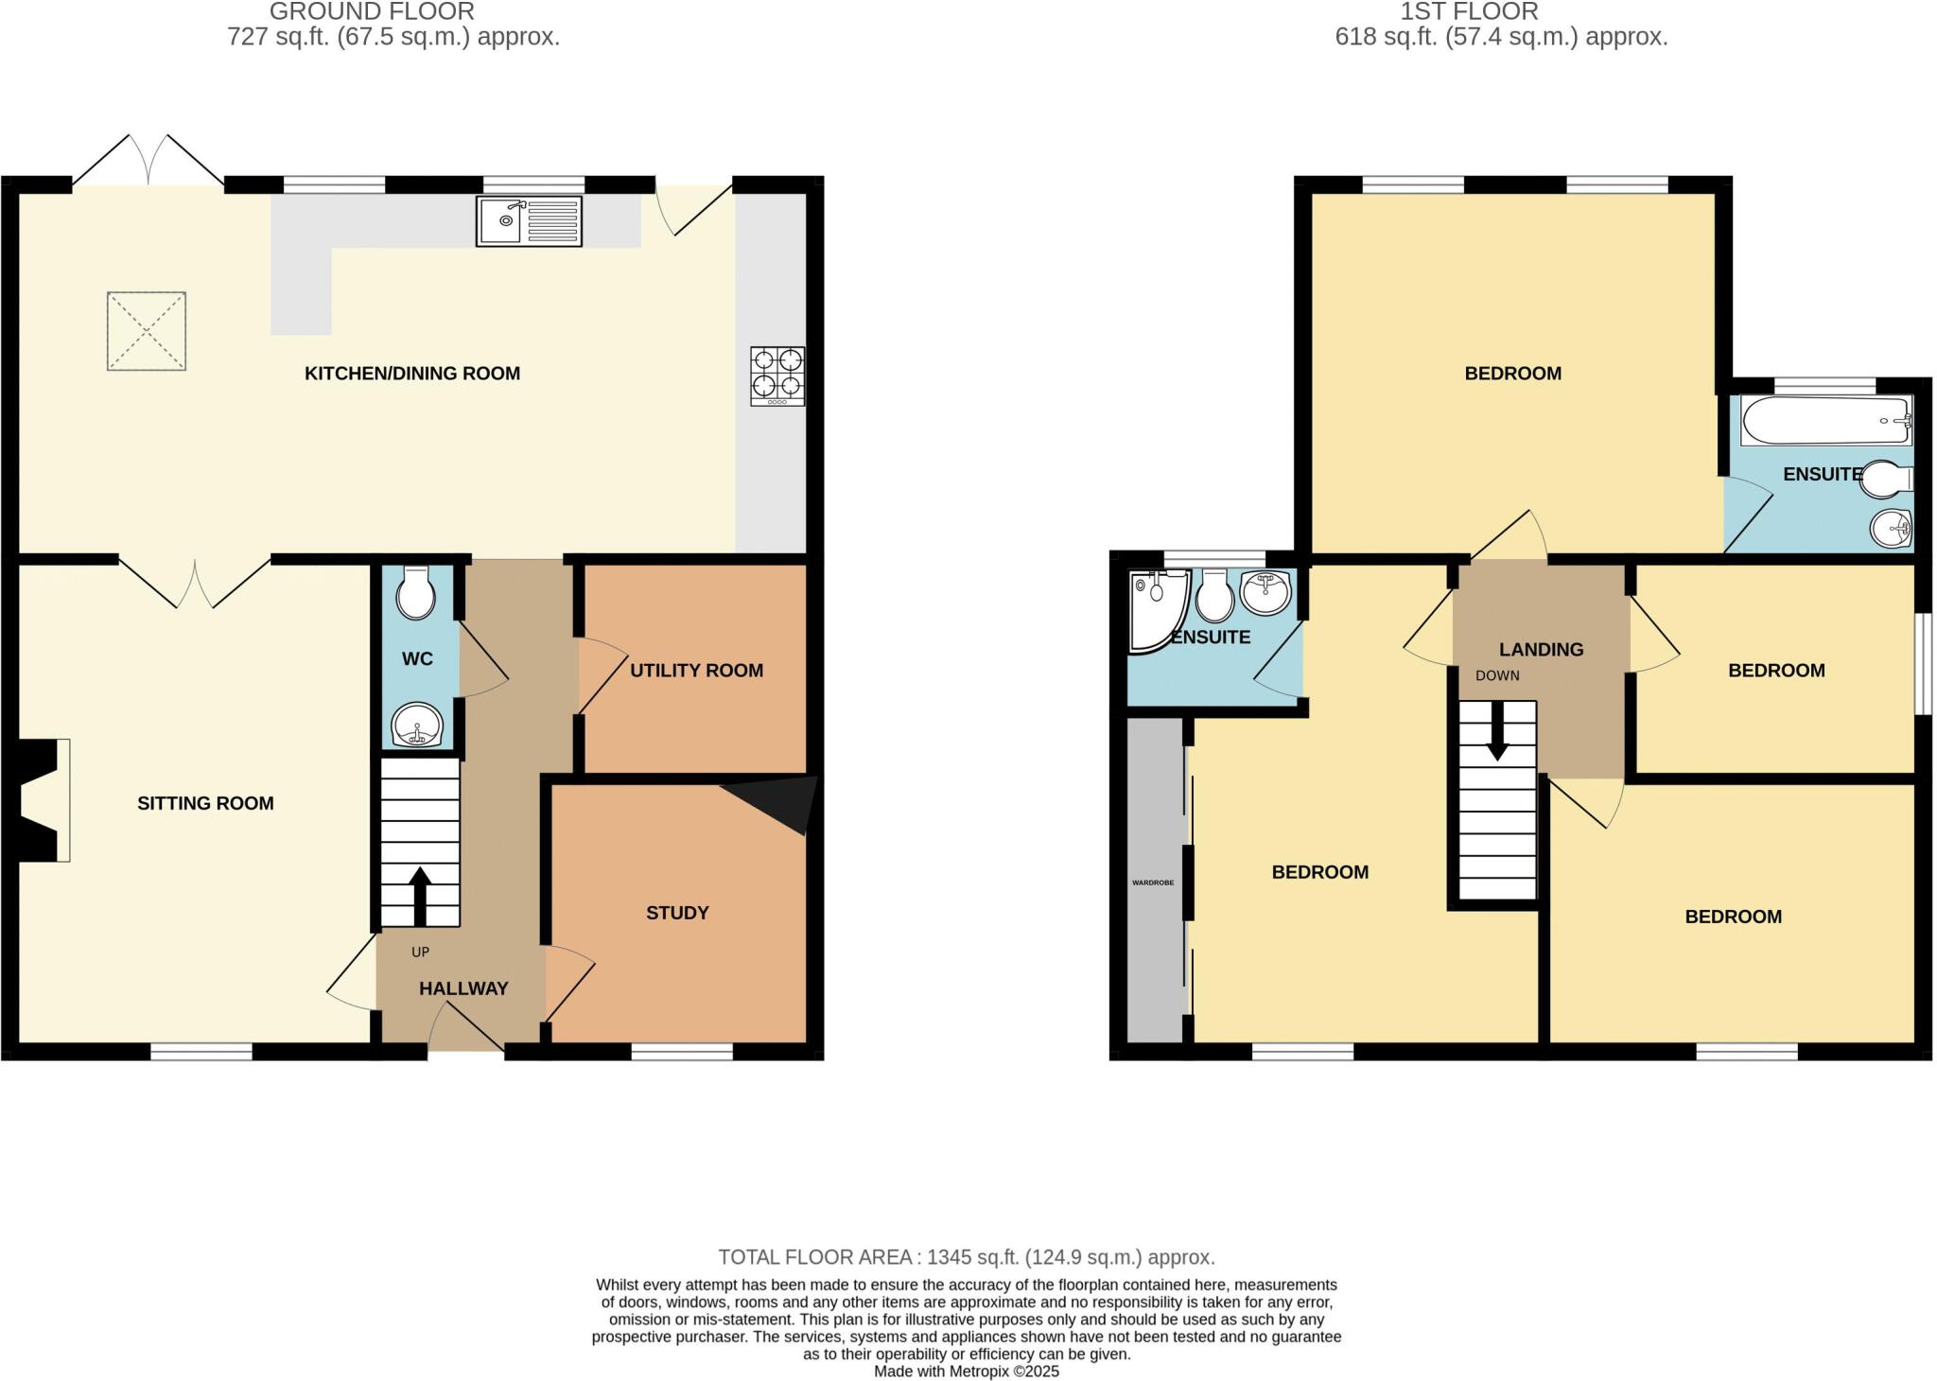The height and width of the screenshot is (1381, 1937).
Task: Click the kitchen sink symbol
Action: coord(529,220)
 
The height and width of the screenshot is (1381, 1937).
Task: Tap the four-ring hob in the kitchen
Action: coord(777,376)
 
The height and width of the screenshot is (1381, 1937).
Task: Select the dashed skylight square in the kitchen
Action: coord(146,331)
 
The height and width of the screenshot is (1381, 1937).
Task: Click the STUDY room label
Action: coord(677,913)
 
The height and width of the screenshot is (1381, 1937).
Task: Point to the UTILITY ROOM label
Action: coord(696,671)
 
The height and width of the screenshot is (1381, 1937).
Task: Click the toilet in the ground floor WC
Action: coord(416,593)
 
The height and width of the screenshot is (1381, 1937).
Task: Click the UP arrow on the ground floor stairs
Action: coord(420,895)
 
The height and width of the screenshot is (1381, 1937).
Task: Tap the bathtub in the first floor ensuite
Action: coord(1825,421)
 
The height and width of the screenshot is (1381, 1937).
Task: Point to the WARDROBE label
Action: coord(1153,883)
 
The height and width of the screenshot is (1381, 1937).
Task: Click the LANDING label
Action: coord(1541,650)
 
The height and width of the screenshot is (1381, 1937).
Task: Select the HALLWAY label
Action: coord(463,988)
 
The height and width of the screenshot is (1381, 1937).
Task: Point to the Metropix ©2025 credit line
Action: coord(966,1371)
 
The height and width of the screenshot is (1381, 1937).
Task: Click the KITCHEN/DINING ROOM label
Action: coord(411,374)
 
